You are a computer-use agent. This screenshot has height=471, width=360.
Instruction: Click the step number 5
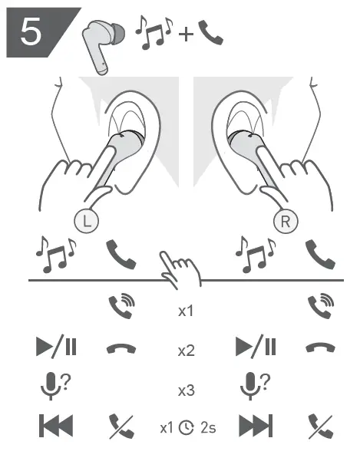click(31, 31)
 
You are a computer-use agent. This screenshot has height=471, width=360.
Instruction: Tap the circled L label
click(86, 221)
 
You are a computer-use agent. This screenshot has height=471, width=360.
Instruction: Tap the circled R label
click(286, 221)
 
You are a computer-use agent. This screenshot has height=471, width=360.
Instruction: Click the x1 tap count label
click(186, 311)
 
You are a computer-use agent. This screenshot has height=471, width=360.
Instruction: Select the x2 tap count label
click(186, 351)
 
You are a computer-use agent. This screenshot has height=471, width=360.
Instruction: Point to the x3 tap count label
click(186, 390)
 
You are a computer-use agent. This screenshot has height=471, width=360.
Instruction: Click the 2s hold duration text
click(208, 428)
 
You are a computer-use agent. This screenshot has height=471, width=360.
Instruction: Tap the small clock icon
click(187, 428)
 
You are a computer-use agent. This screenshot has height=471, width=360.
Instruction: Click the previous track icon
click(56, 426)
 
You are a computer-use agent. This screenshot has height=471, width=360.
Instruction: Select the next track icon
click(256, 426)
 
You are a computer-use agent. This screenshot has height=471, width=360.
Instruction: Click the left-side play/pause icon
click(56, 345)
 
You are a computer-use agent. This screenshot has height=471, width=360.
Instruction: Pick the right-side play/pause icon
click(256, 345)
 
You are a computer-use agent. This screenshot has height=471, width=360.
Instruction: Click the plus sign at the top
click(186, 34)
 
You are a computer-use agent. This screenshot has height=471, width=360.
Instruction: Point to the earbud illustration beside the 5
click(103, 45)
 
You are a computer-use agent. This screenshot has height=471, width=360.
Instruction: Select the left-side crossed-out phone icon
click(121, 427)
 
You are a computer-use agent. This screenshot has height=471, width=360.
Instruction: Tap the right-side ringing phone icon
click(321, 306)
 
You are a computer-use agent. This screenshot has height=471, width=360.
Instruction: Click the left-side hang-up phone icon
click(121, 348)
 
